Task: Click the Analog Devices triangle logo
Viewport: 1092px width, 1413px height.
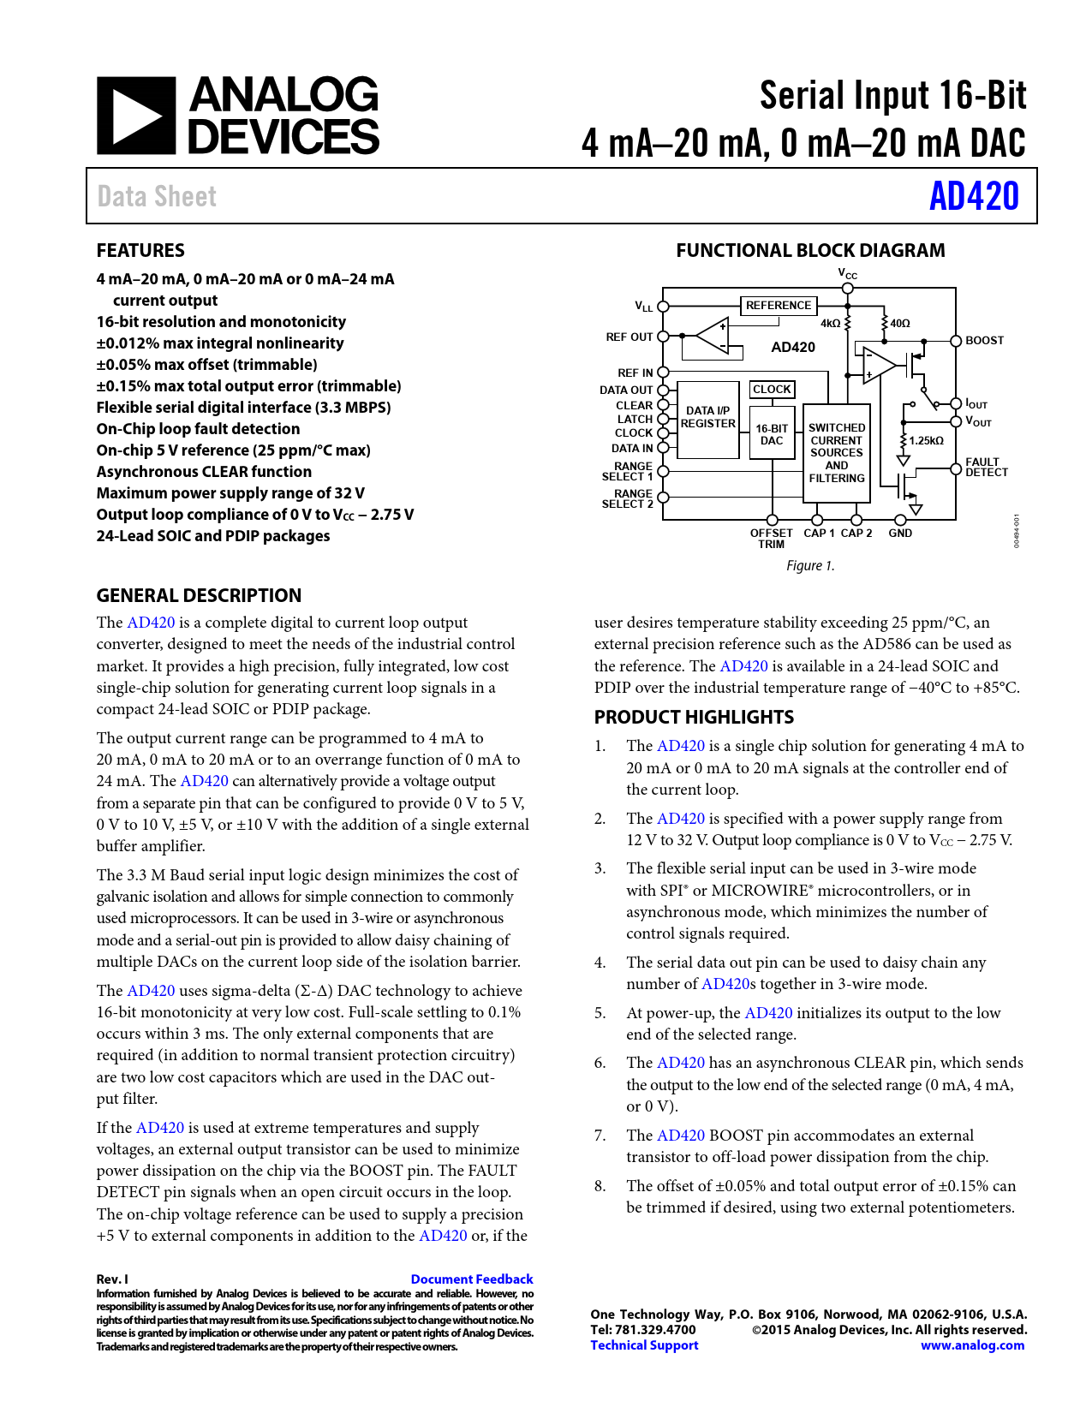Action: (x=135, y=116)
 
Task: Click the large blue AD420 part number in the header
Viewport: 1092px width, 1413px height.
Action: (x=974, y=196)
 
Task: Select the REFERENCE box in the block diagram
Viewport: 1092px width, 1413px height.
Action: (x=778, y=306)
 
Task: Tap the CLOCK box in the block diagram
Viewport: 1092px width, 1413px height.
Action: (x=772, y=390)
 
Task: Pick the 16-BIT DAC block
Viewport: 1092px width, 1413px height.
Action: (x=772, y=434)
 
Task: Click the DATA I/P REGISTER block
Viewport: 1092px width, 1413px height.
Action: (x=708, y=418)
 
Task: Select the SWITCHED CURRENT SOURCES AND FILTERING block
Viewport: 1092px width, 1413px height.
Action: (x=837, y=453)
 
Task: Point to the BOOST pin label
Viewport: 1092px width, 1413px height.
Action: (x=984, y=341)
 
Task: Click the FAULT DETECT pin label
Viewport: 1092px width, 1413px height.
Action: (x=987, y=468)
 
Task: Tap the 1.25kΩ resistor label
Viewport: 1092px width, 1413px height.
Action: (x=926, y=441)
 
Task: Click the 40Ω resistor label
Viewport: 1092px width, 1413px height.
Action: (x=900, y=324)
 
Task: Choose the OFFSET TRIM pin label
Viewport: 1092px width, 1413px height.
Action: (x=771, y=539)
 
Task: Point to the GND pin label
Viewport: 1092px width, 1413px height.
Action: (x=900, y=534)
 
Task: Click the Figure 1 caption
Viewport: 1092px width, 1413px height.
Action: (x=810, y=566)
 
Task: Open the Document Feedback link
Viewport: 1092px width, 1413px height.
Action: (x=472, y=1279)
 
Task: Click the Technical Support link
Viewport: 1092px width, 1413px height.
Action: (x=644, y=1345)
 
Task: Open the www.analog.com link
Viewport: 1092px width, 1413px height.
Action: (x=972, y=1345)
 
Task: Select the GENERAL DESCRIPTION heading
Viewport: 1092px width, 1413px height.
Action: (x=199, y=596)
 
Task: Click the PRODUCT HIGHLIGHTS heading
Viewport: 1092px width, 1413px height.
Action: (x=694, y=718)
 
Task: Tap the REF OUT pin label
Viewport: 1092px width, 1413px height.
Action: (x=629, y=337)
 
